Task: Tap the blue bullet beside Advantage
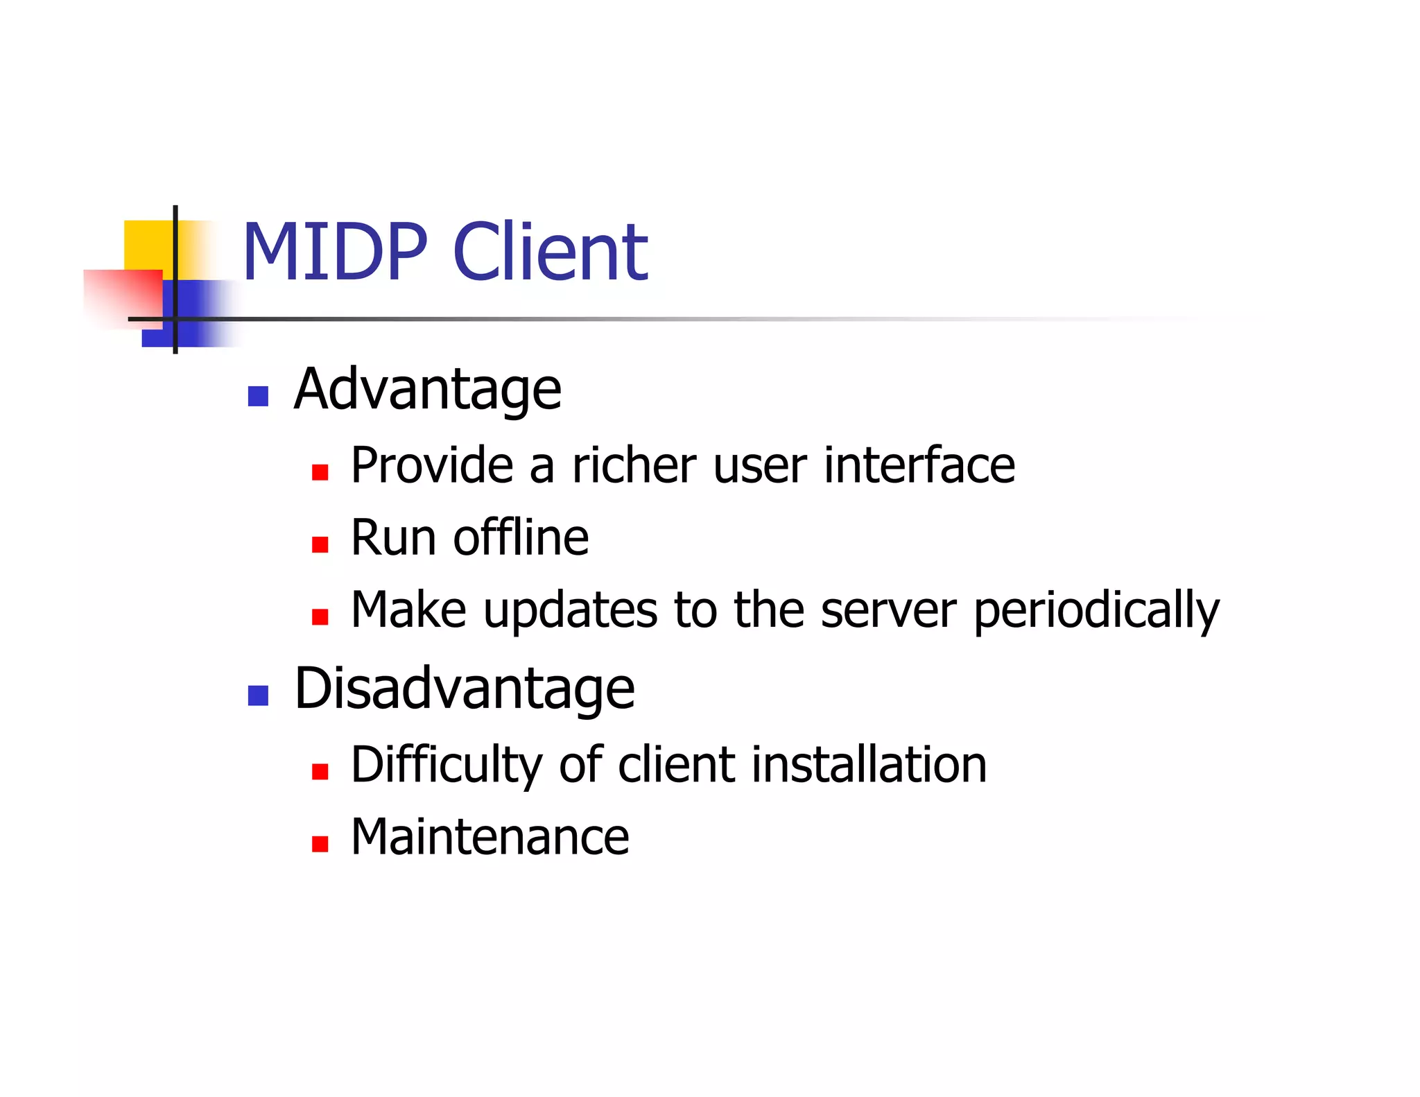(x=258, y=396)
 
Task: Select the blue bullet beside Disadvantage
(x=258, y=696)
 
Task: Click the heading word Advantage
(x=427, y=390)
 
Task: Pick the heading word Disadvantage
(x=465, y=689)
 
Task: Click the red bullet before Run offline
(x=320, y=544)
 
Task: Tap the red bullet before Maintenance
(x=320, y=844)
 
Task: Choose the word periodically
(x=1096, y=611)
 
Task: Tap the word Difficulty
(x=447, y=766)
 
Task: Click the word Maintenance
(x=490, y=837)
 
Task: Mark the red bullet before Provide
(x=320, y=472)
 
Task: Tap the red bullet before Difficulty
(x=320, y=772)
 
